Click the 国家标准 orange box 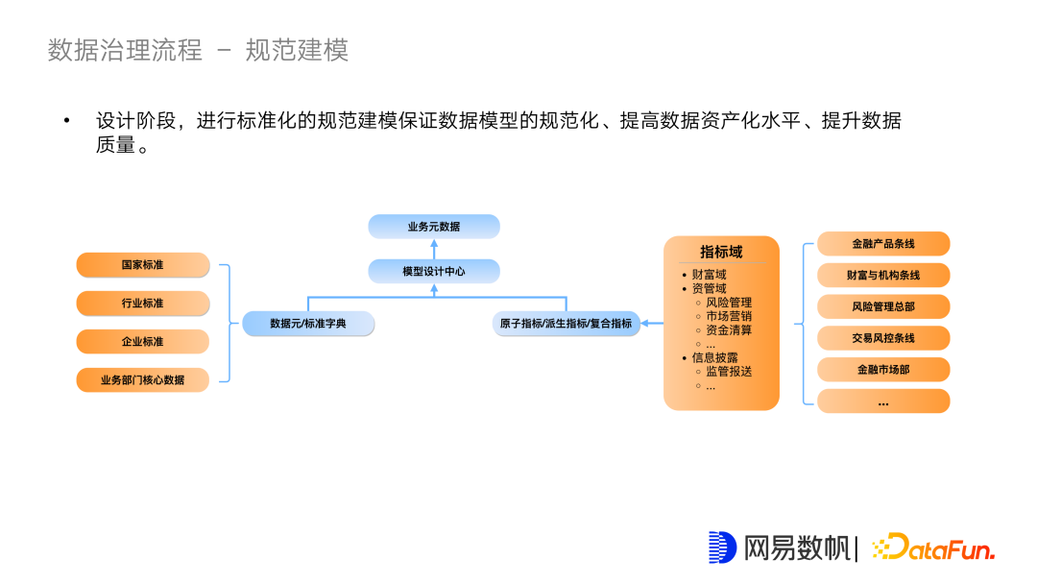click(143, 265)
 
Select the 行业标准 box click(143, 304)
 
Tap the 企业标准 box click(143, 342)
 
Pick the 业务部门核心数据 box click(143, 380)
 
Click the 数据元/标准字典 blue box click(308, 324)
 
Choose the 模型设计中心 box click(434, 272)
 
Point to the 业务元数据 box click(434, 227)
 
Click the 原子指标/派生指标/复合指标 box click(566, 324)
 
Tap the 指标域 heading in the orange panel click(721, 252)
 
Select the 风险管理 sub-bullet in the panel click(729, 303)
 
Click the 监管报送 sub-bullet click(729, 372)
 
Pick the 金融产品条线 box click(883, 244)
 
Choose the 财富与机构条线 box click(883, 276)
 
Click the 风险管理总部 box click(883, 307)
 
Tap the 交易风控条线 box click(883, 338)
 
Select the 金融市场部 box click(883, 370)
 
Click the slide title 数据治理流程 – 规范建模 click(198, 50)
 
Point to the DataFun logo click(933, 547)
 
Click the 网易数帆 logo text click(796, 547)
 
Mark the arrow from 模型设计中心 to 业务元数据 click(434, 249)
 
